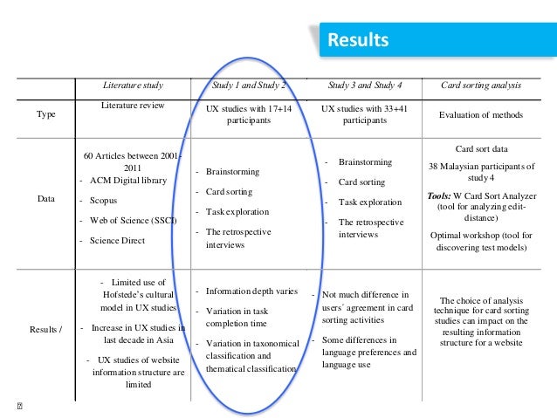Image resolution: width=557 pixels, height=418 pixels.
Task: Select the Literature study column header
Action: [x=133, y=86]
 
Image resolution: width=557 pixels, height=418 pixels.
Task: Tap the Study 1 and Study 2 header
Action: [x=249, y=86]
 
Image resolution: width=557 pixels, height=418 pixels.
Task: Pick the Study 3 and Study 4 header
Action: [x=365, y=86]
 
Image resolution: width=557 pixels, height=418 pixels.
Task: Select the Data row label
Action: [x=45, y=199]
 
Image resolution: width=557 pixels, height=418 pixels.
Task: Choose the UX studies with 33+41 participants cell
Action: [x=365, y=115]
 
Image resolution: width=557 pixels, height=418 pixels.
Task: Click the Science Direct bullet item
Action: [x=117, y=239]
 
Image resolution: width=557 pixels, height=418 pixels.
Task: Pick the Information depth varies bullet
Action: [x=251, y=291]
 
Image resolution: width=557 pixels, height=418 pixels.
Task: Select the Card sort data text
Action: [x=482, y=148]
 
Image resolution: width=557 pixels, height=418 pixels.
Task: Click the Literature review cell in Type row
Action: [x=133, y=106]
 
